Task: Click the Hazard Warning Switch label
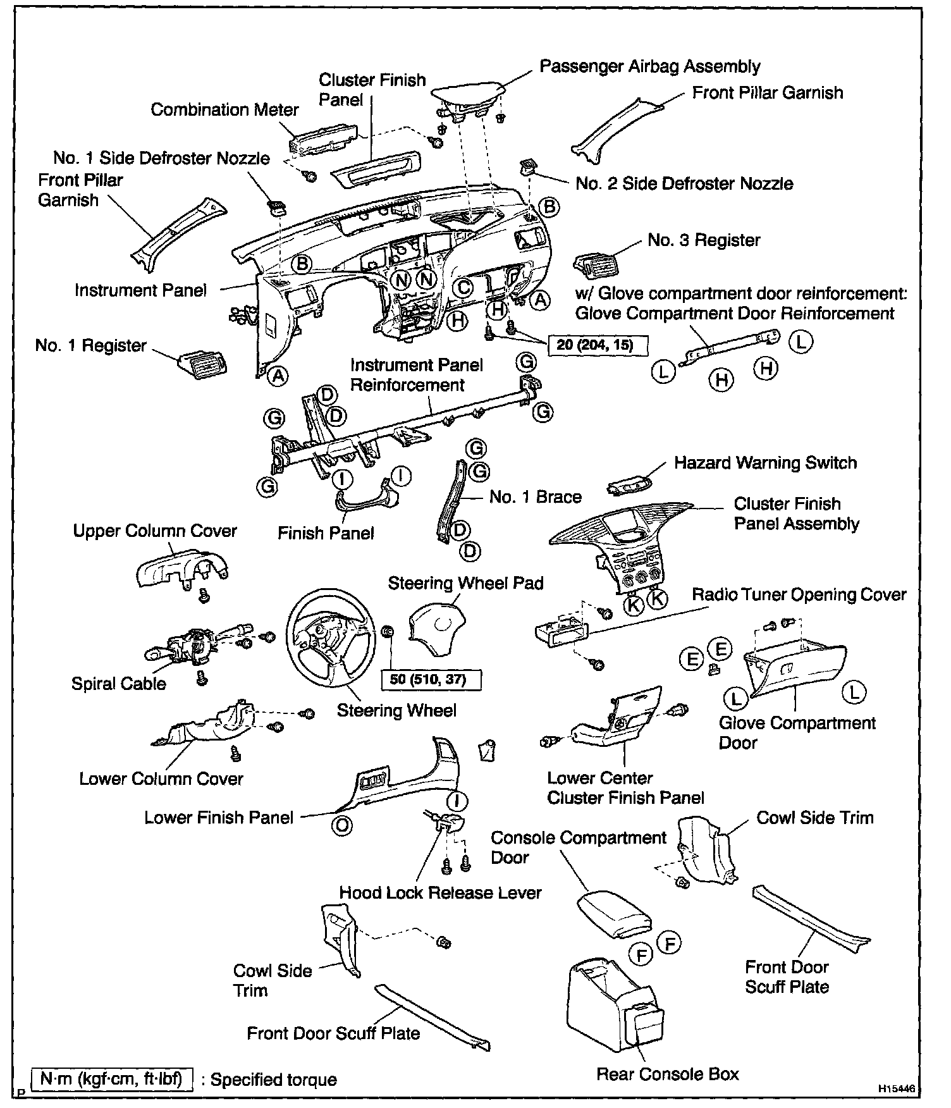[765, 462]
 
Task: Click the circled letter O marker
[342, 825]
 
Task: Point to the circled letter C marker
[463, 288]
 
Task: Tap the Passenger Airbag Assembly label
[649, 66]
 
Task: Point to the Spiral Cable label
[118, 684]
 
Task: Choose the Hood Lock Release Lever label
[440, 892]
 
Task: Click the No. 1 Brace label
[535, 496]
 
